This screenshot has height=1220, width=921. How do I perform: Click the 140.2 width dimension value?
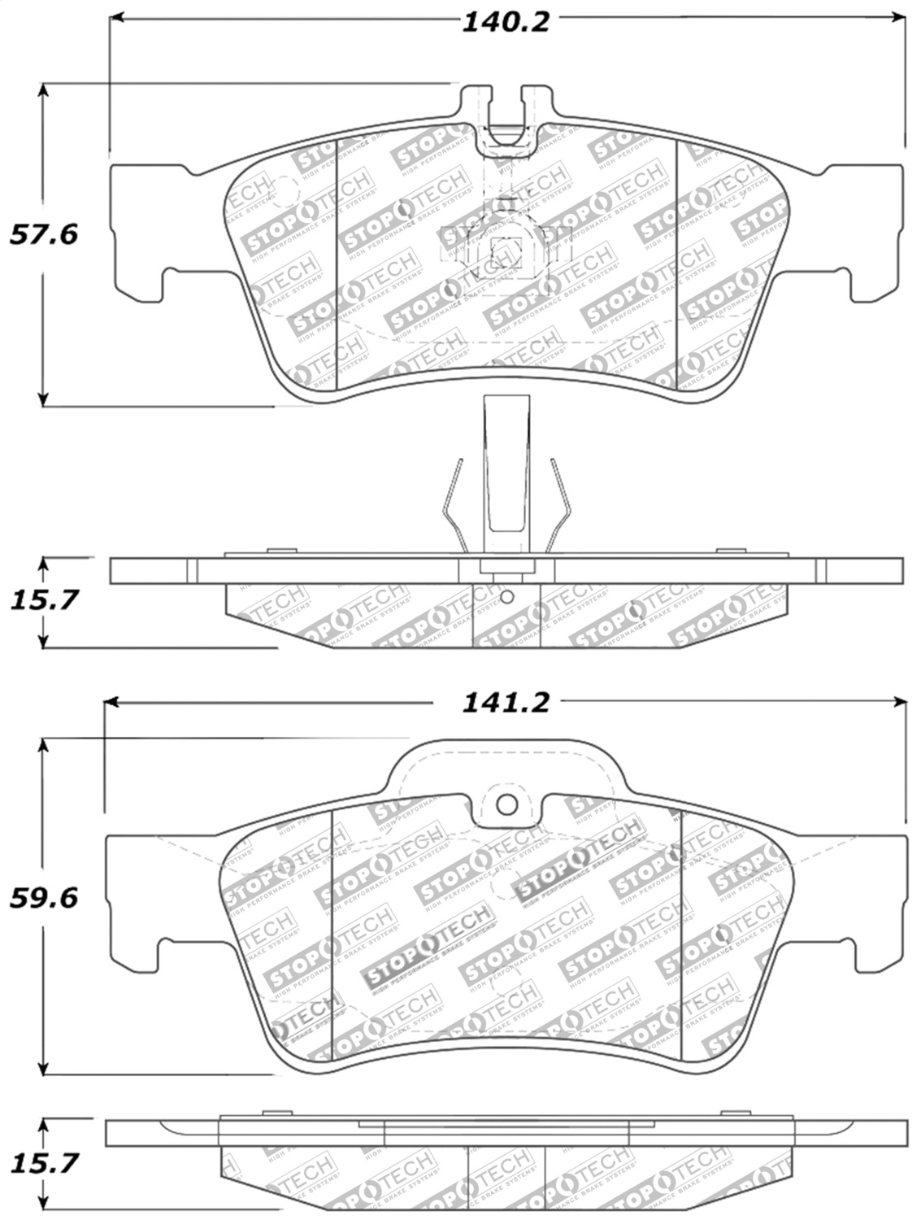click(506, 22)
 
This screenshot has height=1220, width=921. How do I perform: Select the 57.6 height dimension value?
click(43, 235)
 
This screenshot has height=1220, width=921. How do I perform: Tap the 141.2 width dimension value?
click(506, 702)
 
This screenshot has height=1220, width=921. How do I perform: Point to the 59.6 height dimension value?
click(43, 898)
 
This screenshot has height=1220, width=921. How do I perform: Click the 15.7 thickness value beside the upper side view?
click(43, 600)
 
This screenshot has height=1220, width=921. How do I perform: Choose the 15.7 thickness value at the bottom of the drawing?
click(43, 1163)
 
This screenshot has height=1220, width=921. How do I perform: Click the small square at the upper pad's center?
click(504, 248)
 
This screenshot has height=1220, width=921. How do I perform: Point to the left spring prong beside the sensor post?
click(454, 508)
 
